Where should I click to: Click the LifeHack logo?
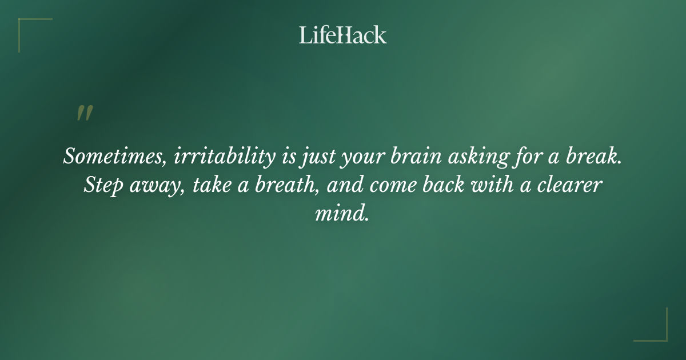(343, 35)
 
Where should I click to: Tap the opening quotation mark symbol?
(85, 113)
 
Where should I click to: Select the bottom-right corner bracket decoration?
(657, 331)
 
